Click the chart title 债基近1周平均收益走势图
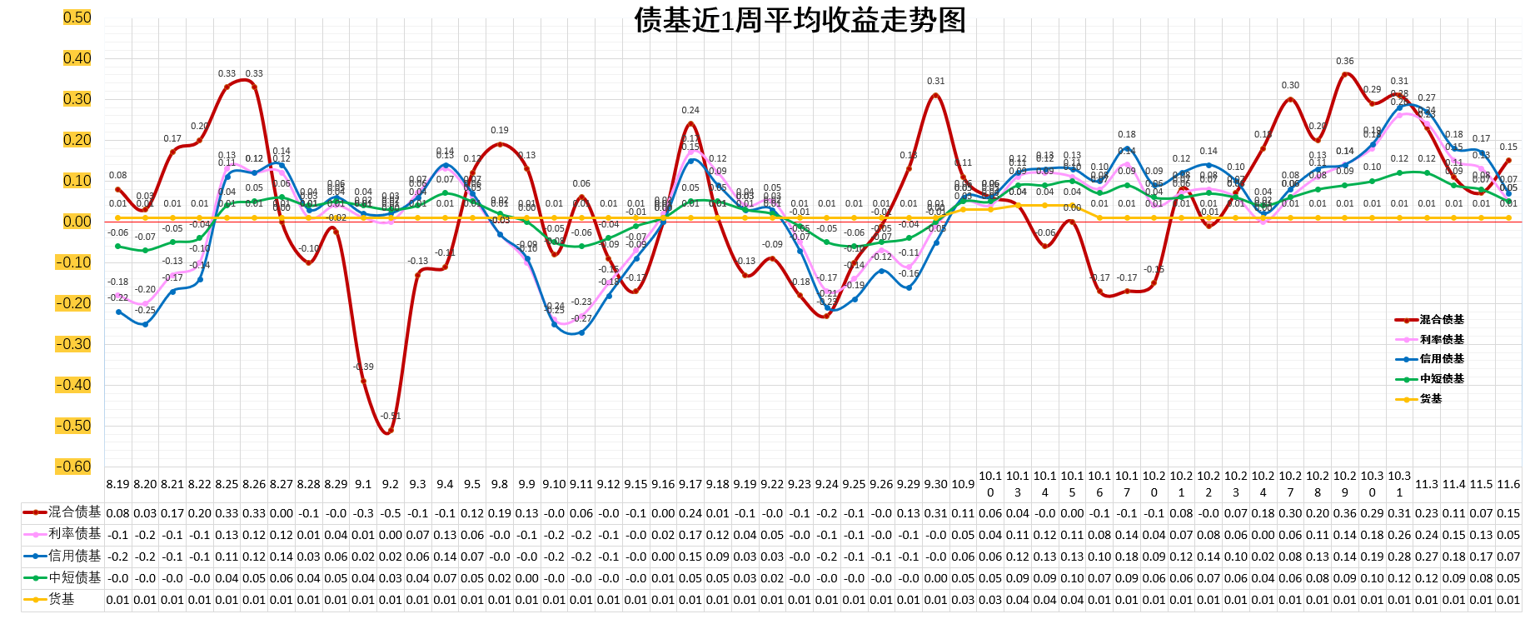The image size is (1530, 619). (800, 20)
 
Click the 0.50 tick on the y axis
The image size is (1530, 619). (77, 17)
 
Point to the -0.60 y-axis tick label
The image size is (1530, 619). (75, 467)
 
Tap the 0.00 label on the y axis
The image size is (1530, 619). (77, 222)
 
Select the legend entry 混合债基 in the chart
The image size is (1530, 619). (1442, 320)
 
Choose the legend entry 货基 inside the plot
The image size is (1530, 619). (1431, 399)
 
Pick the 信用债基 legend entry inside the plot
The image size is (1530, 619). (1442, 359)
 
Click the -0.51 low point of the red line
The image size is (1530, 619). (390, 431)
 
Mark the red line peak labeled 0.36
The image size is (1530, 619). (1345, 75)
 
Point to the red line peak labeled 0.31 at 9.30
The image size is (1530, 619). (936, 96)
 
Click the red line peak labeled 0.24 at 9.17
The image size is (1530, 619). (690, 124)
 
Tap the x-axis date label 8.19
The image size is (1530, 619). (118, 484)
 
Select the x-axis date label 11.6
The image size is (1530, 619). (1508, 484)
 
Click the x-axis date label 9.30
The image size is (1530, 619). (936, 484)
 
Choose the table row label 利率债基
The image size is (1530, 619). (74, 534)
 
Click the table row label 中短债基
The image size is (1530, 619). (74, 577)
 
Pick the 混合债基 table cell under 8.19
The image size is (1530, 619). (118, 513)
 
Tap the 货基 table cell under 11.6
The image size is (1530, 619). (1508, 600)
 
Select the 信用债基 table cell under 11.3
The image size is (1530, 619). (1427, 557)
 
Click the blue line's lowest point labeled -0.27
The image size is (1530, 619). (581, 332)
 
